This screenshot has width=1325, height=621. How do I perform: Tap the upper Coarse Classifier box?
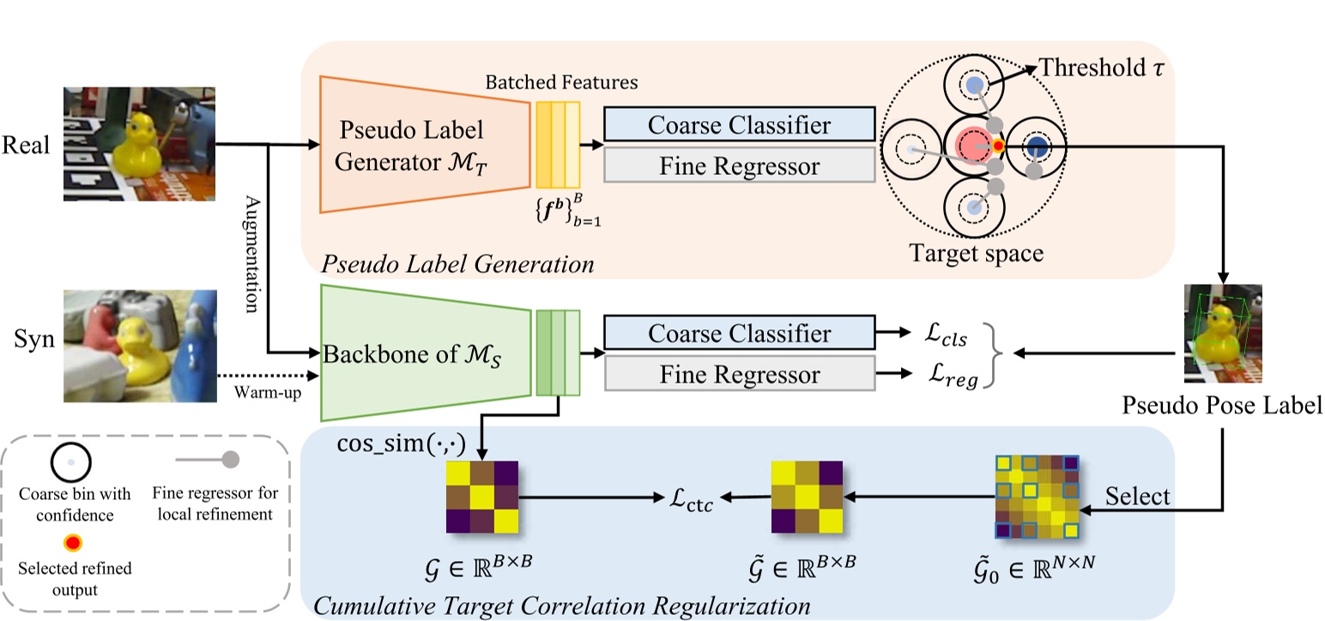(739, 124)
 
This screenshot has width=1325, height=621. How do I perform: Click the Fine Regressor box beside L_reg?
(739, 375)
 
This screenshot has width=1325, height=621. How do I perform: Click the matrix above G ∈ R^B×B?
(483, 497)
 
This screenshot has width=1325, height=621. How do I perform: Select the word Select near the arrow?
(1137, 497)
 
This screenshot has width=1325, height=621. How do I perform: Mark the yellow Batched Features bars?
(558, 144)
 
